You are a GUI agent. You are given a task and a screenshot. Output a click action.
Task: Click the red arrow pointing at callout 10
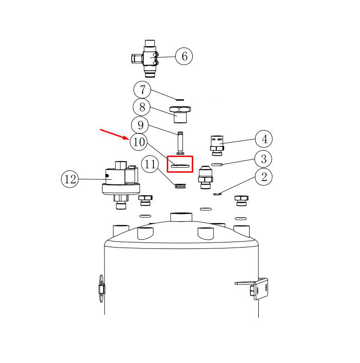coord(115,134)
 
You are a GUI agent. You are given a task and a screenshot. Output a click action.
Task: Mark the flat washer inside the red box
coord(180,165)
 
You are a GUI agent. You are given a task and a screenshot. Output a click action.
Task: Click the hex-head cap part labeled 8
coord(180,115)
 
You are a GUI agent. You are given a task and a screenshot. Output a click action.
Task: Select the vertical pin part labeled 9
coord(180,143)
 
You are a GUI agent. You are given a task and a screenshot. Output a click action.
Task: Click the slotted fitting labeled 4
coord(217,145)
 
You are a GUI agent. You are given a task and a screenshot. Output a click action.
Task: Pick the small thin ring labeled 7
coord(180,100)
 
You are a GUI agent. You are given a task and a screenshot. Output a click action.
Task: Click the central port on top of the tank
coord(181,217)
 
